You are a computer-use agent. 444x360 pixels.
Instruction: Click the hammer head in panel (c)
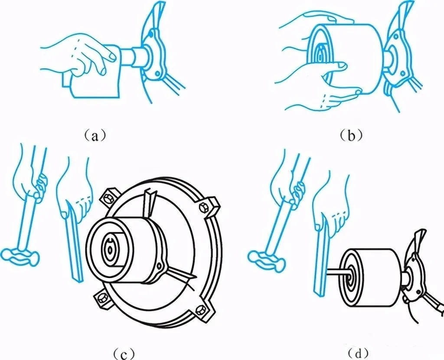click(20, 256)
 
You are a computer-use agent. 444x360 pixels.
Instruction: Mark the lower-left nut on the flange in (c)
click(101, 299)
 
